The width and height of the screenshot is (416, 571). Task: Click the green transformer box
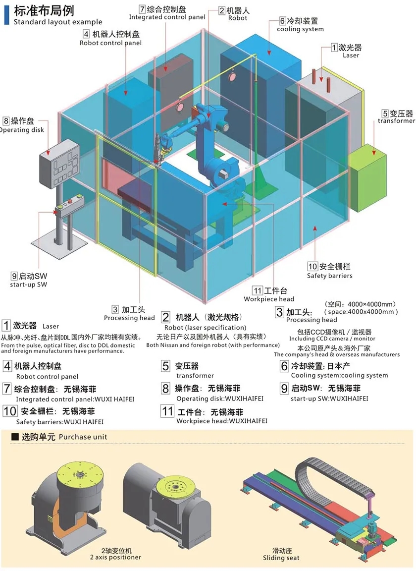367,171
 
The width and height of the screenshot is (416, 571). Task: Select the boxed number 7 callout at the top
142,9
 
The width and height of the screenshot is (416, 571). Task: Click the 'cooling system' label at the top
300,29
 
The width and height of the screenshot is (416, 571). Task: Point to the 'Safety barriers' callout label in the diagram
329,276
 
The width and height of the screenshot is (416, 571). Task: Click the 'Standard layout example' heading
58,22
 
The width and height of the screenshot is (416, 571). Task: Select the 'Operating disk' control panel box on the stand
59,163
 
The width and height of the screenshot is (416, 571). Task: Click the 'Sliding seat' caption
281,558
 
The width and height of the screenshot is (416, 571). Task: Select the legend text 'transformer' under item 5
195,376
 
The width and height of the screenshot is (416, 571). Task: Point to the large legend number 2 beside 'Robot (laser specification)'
165,317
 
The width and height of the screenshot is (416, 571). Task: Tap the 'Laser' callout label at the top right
351,56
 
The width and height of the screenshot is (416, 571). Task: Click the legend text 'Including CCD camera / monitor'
332,339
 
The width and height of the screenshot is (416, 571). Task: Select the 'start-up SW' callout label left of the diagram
29,285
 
